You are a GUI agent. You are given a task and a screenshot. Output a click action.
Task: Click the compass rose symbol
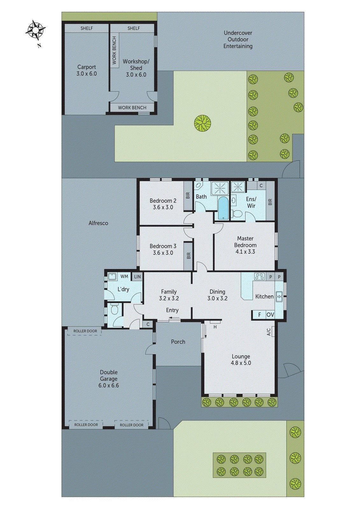35,30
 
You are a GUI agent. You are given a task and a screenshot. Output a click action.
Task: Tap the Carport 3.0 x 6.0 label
87,70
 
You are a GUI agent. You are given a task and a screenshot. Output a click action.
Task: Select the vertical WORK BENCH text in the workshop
115,50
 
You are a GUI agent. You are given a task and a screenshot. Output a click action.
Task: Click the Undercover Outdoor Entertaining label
238,39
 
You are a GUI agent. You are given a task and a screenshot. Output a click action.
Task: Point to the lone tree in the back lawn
202,123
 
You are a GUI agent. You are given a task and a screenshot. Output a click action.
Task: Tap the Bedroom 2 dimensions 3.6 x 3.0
163,207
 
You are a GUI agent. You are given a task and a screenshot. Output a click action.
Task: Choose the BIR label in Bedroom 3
188,256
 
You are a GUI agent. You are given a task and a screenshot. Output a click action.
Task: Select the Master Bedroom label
245,242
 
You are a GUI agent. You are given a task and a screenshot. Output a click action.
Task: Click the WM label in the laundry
124,276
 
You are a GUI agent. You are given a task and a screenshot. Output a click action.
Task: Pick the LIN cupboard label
137,277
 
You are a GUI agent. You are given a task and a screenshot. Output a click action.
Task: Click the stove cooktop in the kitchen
259,276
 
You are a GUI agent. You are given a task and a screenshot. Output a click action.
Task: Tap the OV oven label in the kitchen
270,315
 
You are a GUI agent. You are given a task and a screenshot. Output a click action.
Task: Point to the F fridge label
260,315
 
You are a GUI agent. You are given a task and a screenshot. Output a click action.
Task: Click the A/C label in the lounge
269,332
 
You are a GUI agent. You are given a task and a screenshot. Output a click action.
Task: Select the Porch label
178,342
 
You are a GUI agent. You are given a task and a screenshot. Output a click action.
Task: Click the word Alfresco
98,223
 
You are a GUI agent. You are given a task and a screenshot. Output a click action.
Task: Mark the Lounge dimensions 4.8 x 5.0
241,363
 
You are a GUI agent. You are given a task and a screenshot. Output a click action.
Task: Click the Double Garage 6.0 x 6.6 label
109,379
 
